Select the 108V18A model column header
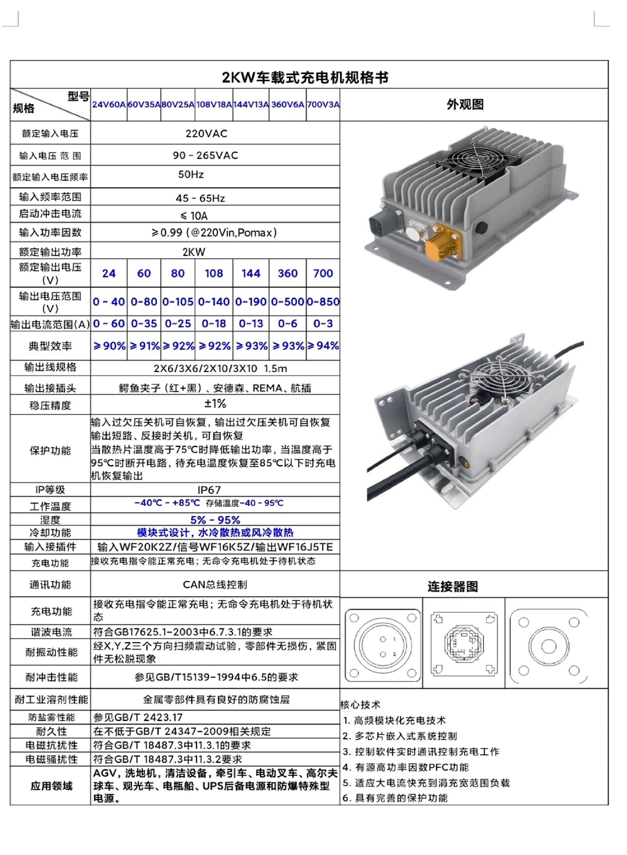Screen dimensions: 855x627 click(x=214, y=105)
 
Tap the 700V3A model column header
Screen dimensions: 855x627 click(x=323, y=105)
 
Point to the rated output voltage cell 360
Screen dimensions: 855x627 click(x=287, y=273)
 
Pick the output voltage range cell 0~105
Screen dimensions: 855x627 click(x=178, y=302)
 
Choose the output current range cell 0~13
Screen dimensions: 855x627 click(x=250, y=324)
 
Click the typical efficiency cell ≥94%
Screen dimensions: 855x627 click(x=323, y=346)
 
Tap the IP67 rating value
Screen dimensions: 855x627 click(x=209, y=490)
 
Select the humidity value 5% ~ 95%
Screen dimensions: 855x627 click(x=215, y=520)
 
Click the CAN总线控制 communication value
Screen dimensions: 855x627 click(x=215, y=584)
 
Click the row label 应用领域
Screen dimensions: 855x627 click(x=51, y=785)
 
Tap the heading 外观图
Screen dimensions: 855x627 click(x=465, y=105)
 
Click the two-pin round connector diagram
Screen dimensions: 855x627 click(x=383, y=645)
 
